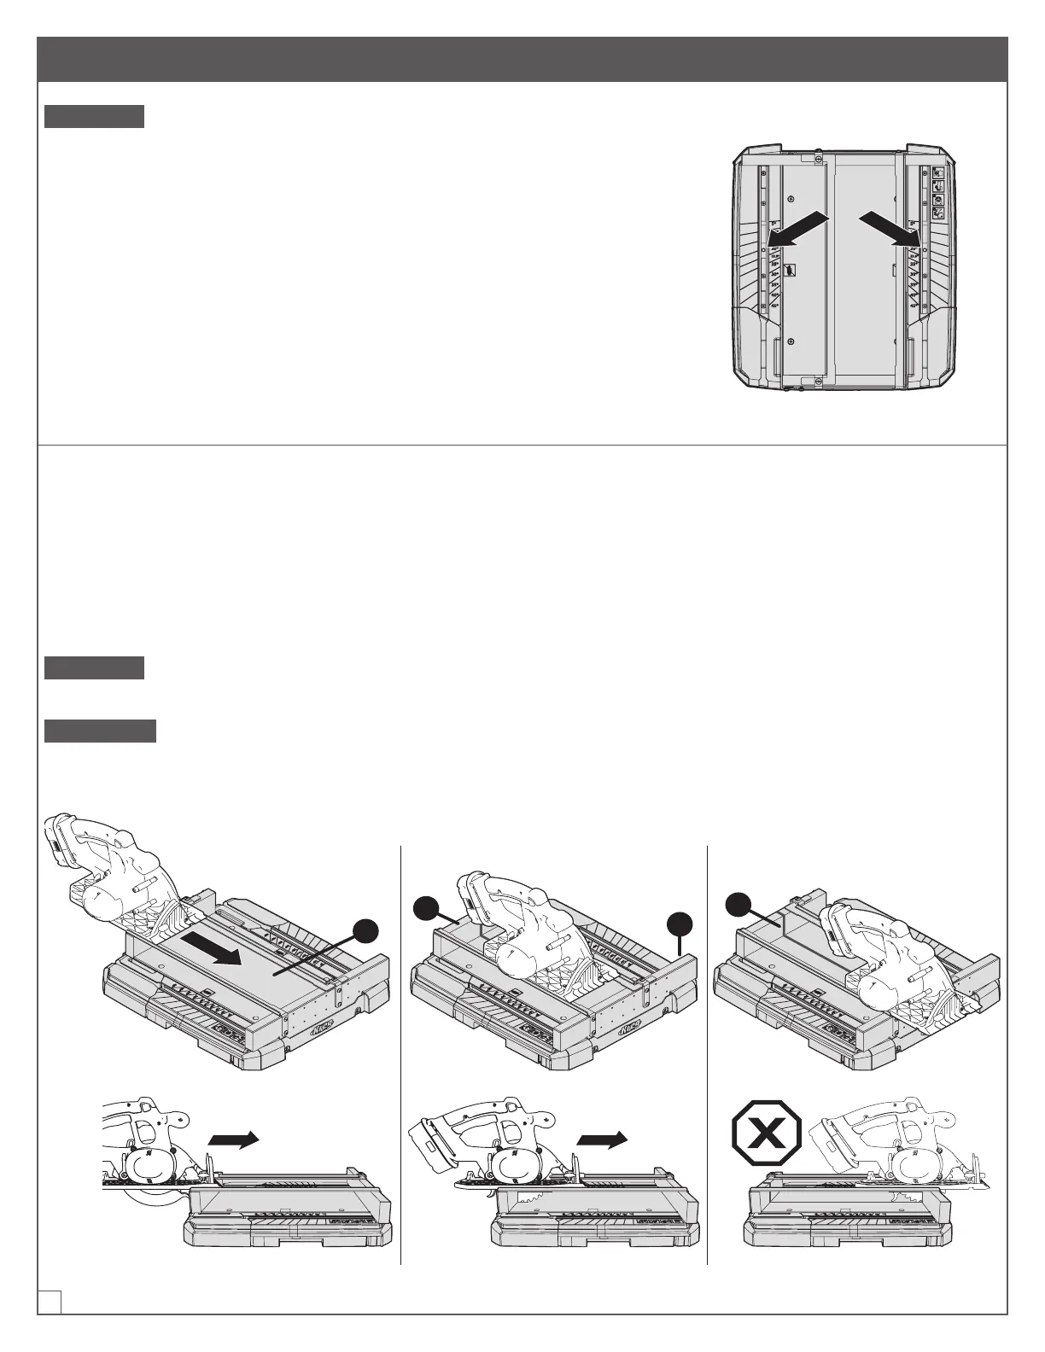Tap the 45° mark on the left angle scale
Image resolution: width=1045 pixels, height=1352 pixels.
pos(774,305)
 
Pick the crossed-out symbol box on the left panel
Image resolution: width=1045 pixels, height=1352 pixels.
pos(791,270)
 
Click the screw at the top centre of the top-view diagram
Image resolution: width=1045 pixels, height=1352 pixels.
pos(818,159)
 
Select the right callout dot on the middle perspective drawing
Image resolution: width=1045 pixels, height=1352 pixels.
pos(680,924)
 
